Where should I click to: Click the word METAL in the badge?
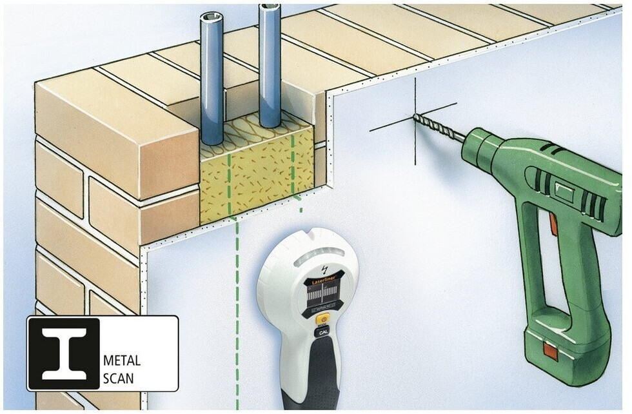pos(122,360)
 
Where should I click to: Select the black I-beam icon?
pos(64,353)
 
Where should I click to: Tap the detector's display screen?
pos(322,301)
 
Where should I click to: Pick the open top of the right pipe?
pos(269,8)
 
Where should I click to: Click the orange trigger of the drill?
pos(553,222)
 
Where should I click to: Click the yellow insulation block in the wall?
pos(257,174)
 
